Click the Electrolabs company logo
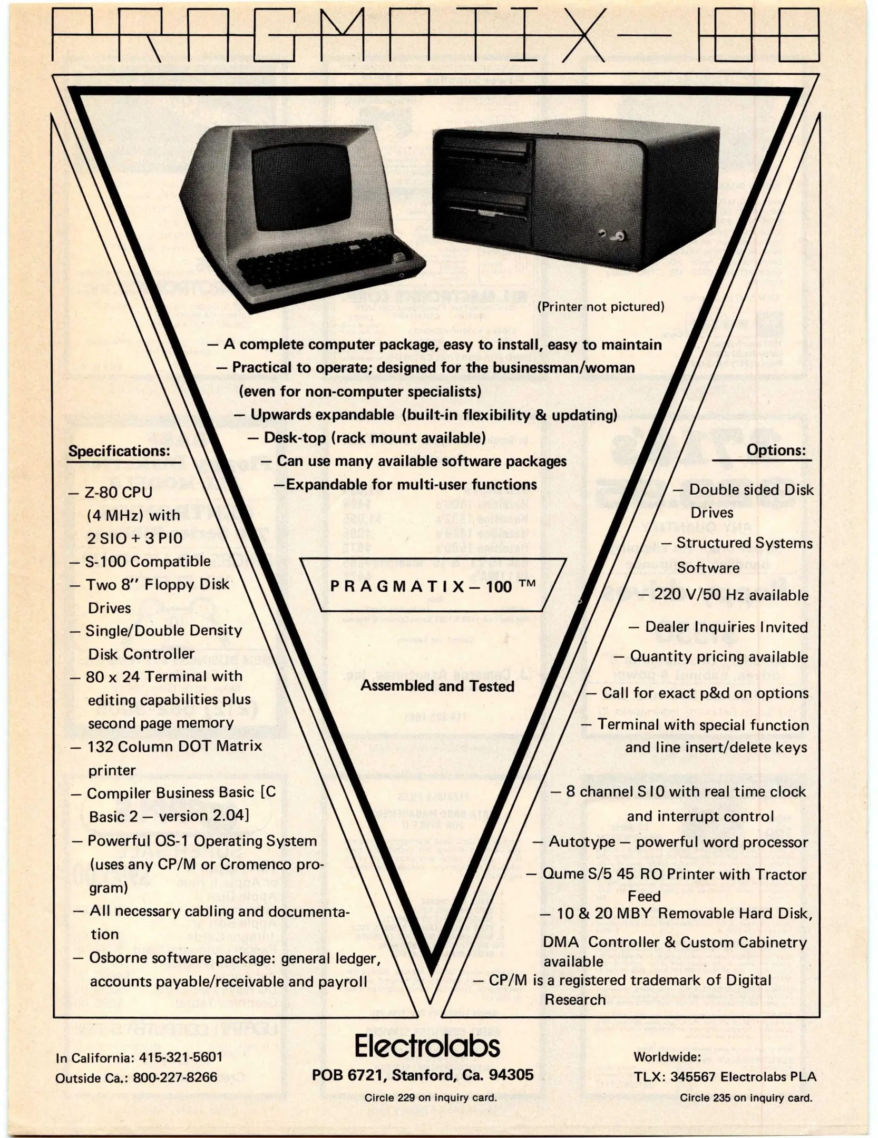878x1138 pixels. (427, 1046)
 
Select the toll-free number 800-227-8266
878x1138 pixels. (174, 1077)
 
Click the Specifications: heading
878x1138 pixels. (120, 452)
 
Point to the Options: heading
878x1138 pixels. (776, 450)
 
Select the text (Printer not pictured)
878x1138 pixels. (600, 307)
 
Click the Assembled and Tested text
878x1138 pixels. (437, 686)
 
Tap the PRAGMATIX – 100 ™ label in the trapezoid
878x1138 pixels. (432, 586)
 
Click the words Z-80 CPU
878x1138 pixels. (118, 492)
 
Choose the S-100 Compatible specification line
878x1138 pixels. (148, 562)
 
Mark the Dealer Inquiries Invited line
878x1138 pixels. (726, 627)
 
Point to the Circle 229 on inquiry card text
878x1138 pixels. (430, 1098)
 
